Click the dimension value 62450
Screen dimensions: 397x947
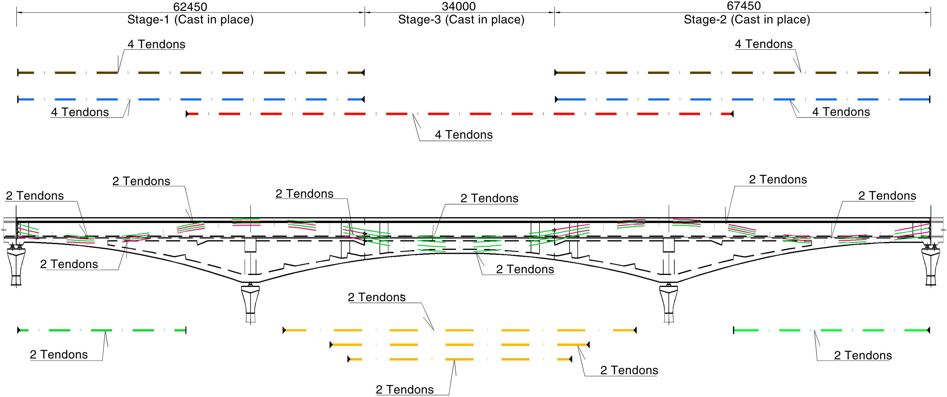(x=190, y=7)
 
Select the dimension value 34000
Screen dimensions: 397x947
(x=459, y=6)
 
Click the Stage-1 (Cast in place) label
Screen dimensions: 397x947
(x=190, y=19)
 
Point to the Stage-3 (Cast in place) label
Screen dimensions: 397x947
(x=461, y=19)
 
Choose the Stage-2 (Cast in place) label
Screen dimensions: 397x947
(x=747, y=19)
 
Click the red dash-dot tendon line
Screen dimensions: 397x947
(x=460, y=114)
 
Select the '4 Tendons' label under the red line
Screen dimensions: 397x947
(x=464, y=135)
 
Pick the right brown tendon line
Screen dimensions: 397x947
(x=742, y=73)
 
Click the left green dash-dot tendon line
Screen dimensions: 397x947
(x=102, y=331)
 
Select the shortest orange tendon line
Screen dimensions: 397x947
(x=460, y=359)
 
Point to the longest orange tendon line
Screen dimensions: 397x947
(x=460, y=331)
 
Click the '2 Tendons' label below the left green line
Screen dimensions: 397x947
(x=59, y=355)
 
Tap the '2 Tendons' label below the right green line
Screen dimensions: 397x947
(x=863, y=355)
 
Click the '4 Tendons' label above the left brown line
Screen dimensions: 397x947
(x=156, y=44)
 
